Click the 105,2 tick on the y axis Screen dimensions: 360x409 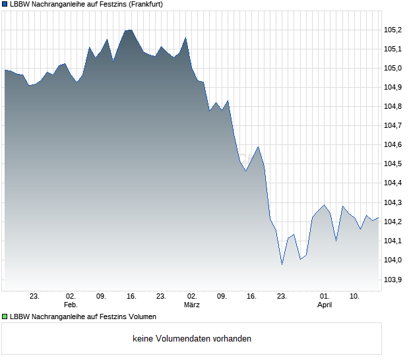click(x=394, y=30)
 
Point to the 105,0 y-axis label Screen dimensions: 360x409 click(x=394, y=68)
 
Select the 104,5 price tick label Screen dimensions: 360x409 click(x=394, y=164)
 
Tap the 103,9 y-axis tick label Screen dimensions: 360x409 click(x=394, y=280)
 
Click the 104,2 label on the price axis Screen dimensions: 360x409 click(x=394, y=222)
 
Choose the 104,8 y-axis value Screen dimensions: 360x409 click(x=394, y=106)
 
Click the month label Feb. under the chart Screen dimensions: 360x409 click(x=71, y=305)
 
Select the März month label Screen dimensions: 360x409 click(x=192, y=305)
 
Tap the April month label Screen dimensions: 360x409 click(x=325, y=305)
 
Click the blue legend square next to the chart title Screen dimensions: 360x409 click(x=5, y=4)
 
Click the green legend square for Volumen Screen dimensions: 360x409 click(x=5, y=316)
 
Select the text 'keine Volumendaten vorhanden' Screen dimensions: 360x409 click(x=192, y=339)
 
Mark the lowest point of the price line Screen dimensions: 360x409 click(x=282, y=264)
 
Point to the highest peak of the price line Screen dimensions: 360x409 click(x=129, y=30)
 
